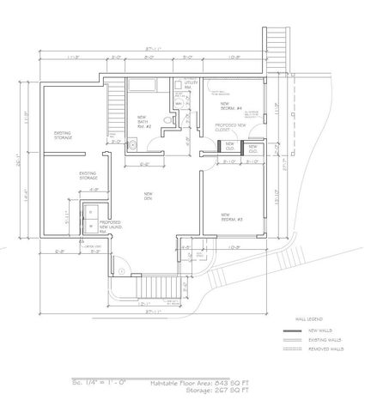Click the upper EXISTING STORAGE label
(x=63, y=136)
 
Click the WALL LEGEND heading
(x=307, y=317)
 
